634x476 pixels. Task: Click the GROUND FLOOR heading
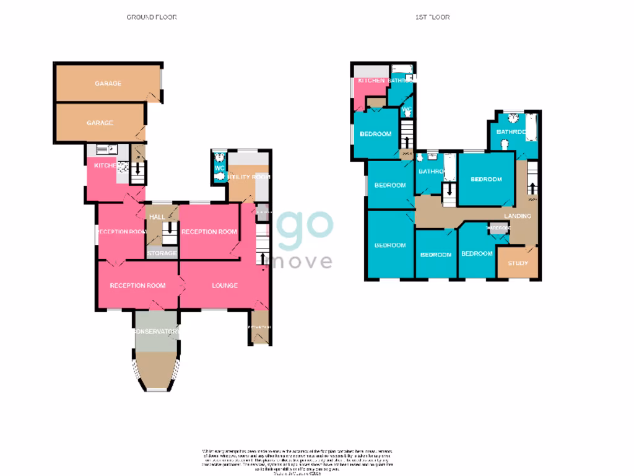pos(152,17)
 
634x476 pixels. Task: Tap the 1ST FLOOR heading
pos(432,17)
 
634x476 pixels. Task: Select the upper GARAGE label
pos(108,83)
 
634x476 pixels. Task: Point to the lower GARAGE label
pos(100,123)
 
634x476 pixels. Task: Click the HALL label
pos(157,217)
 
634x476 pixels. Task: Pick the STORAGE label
pos(162,253)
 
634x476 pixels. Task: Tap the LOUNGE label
pos(225,285)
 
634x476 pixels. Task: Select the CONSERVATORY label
pos(157,332)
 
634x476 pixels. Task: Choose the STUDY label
pos(518,263)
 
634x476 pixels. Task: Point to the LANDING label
pos(517,216)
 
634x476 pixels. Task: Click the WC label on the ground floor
pos(219,168)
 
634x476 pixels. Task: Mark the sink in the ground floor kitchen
pos(103,149)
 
